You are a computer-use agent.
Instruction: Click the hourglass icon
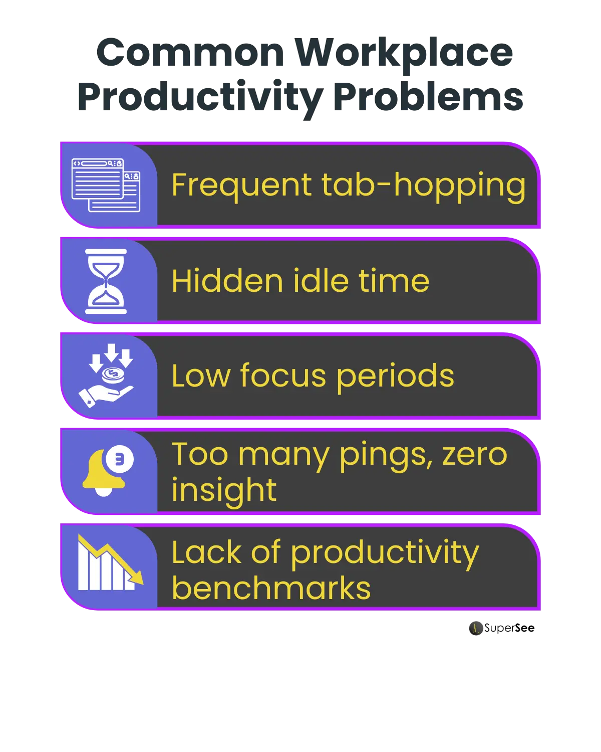coord(106,281)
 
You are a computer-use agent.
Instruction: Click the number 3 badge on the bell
coord(120,459)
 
